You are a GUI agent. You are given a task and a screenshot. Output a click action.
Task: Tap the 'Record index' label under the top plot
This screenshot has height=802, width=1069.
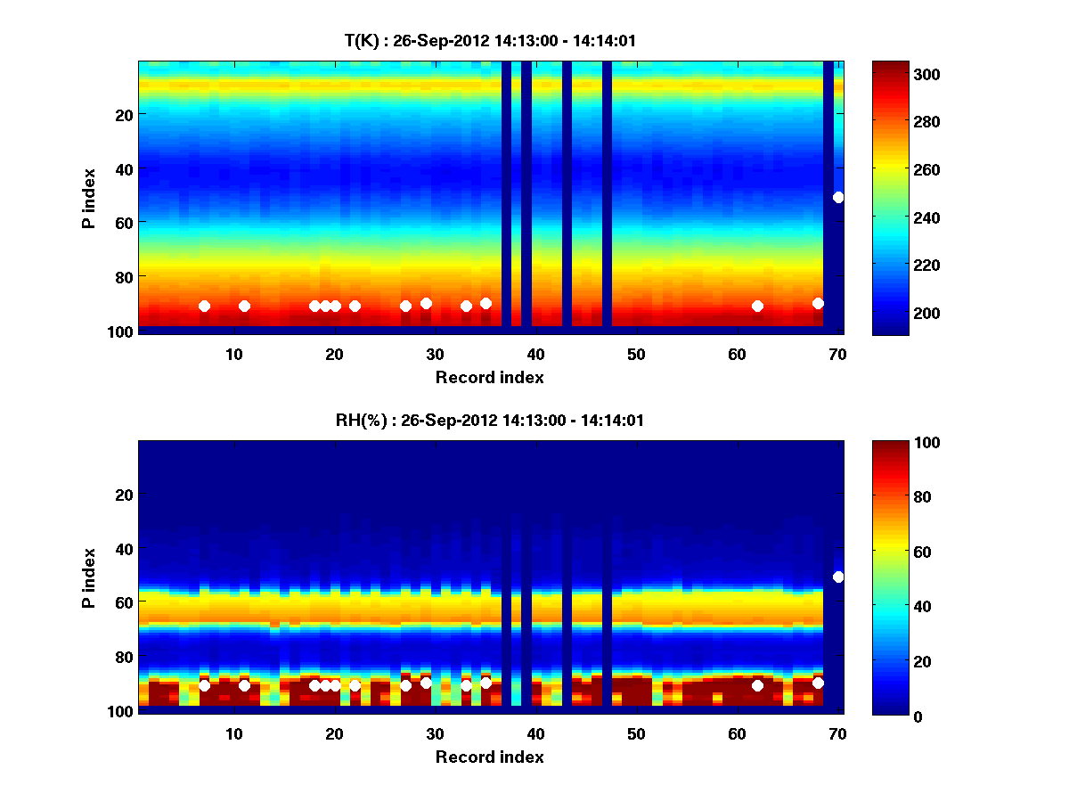[x=489, y=377]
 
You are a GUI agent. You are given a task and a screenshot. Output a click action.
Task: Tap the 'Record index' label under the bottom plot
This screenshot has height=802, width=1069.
[x=489, y=757]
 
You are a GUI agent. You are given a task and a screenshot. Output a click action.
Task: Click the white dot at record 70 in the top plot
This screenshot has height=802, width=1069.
[x=838, y=197]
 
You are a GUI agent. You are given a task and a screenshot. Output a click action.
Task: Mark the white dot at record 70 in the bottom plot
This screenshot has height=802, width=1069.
[x=838, y=577]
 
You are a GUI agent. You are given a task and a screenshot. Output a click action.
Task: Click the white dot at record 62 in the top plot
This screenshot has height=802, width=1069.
[x=757, y=306]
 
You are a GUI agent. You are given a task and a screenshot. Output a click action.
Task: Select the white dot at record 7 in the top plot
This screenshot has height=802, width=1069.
[x=204, y=306]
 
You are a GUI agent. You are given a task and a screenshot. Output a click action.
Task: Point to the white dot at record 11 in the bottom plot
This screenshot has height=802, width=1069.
[x=244, y=685]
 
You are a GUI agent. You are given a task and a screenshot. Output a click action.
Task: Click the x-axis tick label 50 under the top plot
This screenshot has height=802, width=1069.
[x=636, y=354]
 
